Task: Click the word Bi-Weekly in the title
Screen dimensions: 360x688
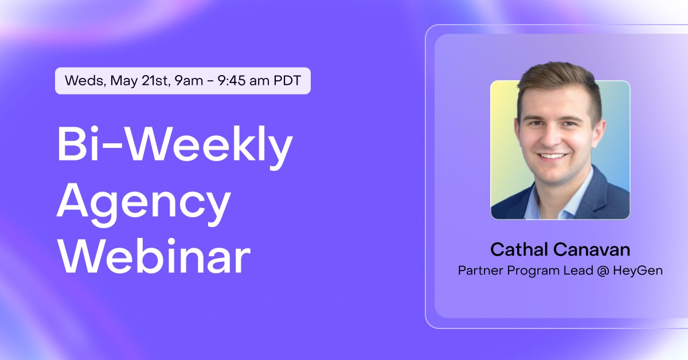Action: pyautogui.click(x=174, y=144)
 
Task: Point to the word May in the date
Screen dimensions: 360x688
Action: pyautogui.click(x=124, y=81)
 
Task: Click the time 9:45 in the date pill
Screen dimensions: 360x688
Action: pyautogui.click(x=235, y=81)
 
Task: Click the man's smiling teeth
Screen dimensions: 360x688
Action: pyautogui.click(x=553, y=155)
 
